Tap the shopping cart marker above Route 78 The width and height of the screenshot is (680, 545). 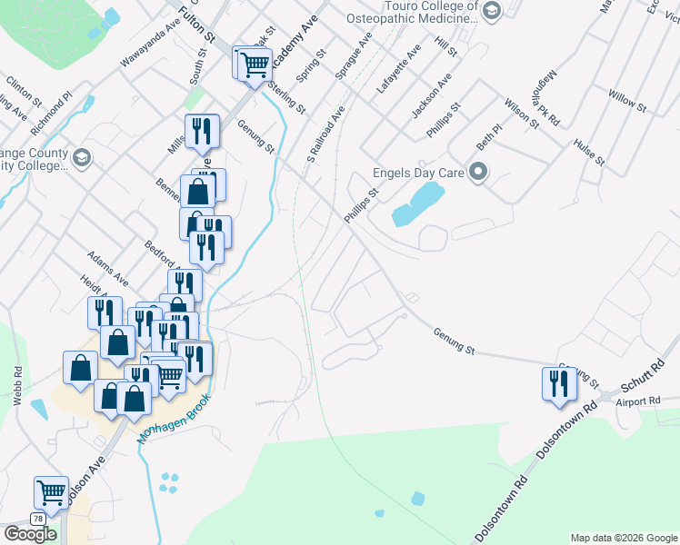[51, 492]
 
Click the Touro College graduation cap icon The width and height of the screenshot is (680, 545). [492, 11]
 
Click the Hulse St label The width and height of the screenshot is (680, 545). [589, 152]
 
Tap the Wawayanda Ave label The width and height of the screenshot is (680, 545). [150, 51]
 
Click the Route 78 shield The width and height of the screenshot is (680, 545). [37, 519]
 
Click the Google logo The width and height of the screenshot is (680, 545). [30, 534]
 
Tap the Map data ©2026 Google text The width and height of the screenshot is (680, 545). [624, 538]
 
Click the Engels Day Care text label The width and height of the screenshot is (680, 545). [419, 173]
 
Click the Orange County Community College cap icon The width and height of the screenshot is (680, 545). [82, 159]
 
